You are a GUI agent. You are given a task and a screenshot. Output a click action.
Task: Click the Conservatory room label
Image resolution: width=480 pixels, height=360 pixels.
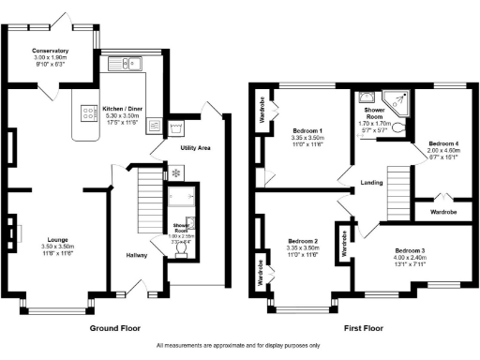click(x=50, y=51)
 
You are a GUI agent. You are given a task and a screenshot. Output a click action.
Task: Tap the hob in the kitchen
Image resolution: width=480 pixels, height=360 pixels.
click(x=90, y=113)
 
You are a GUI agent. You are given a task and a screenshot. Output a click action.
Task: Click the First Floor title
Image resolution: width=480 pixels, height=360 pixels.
click(x=364, y=329)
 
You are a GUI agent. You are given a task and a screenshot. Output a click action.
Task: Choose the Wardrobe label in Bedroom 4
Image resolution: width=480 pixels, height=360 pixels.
click(x=443, y=213)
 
